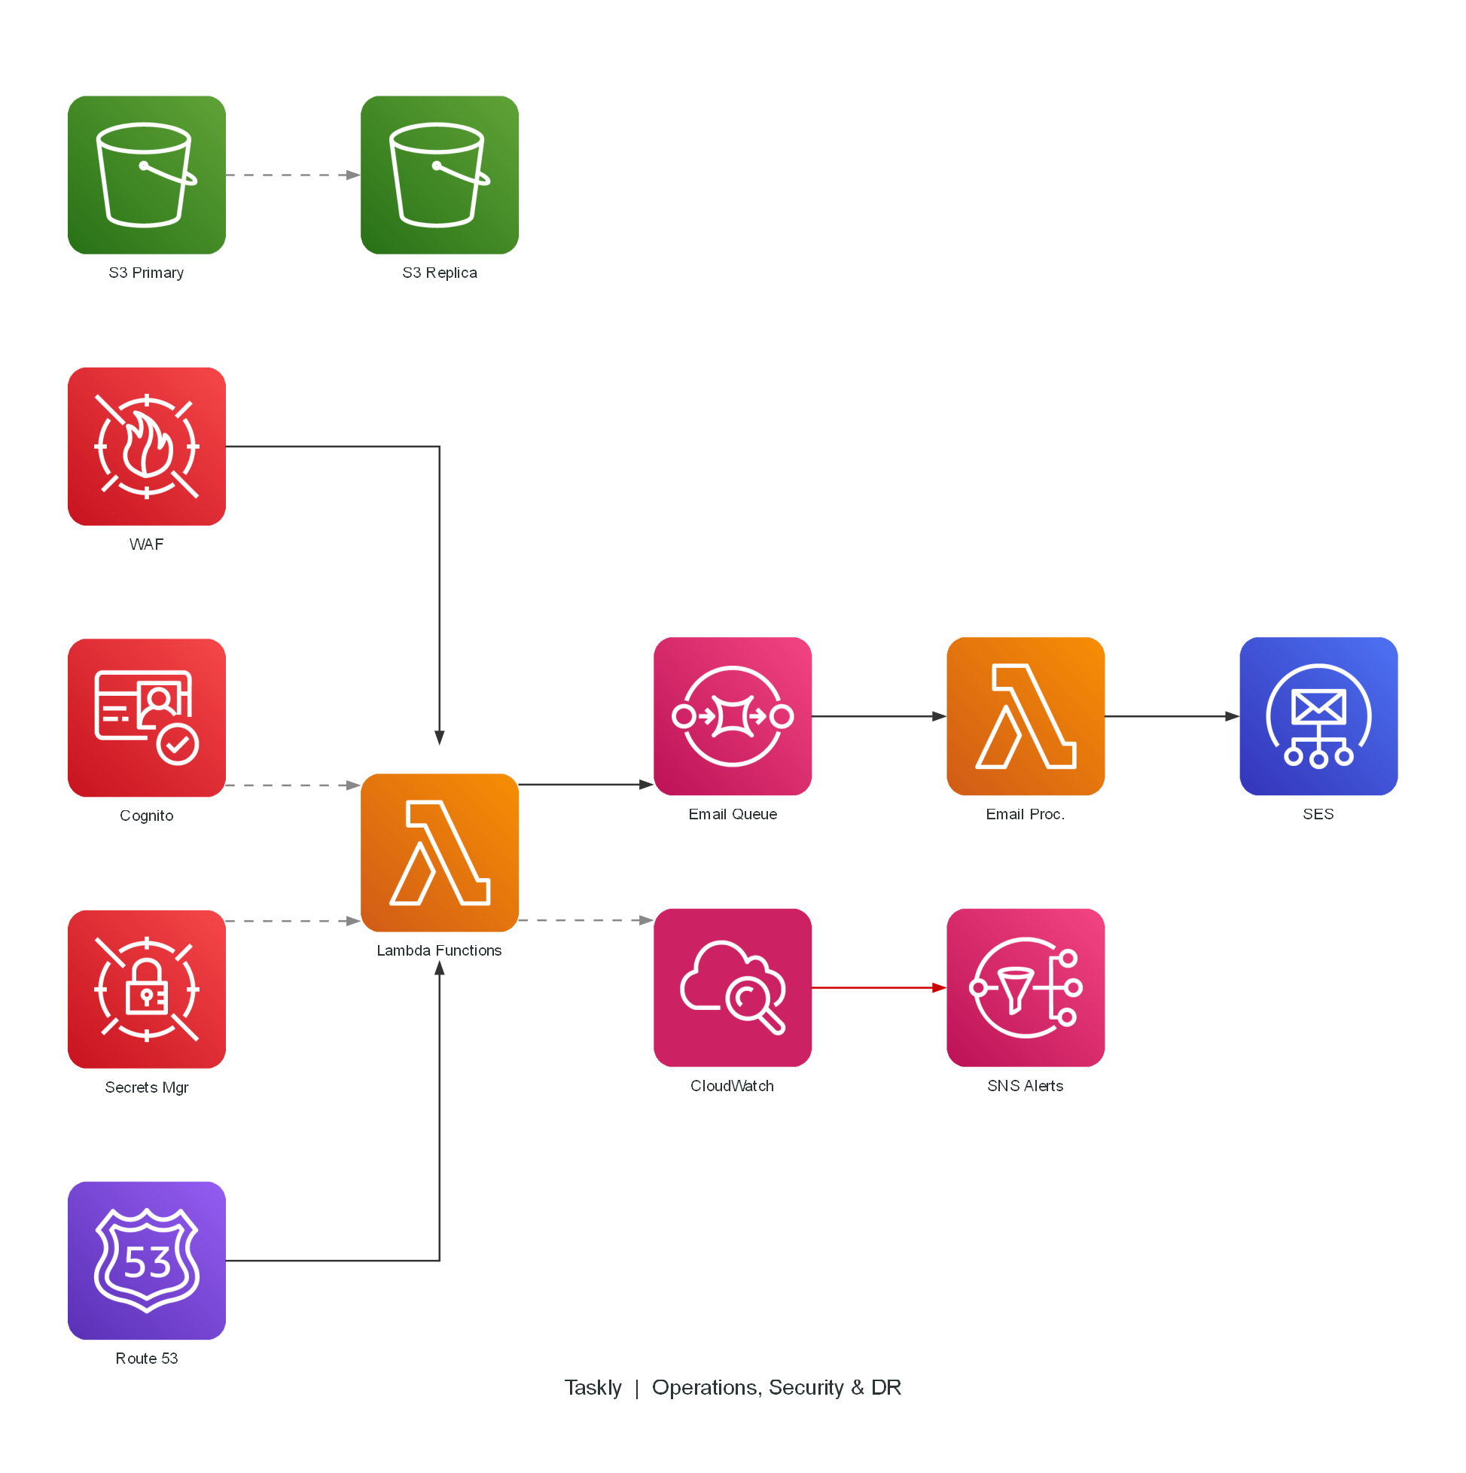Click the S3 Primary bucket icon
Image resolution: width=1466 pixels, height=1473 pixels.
pyautogui.click(x=146, y=175)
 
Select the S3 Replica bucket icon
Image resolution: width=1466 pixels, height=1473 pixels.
pyautogui.click(x=439, y=175)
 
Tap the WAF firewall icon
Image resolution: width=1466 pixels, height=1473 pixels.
pyautogui.click(x=146, y=446)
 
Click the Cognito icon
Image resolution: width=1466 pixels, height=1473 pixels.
pyautogui.click(x=146, y=718)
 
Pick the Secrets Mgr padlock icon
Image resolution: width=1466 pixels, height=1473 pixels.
pyautogui.click(x=146, y=989)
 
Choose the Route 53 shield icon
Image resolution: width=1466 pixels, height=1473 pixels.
pyautogui.click(x=146, y=1261)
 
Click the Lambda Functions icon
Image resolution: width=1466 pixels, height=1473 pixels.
pyautogui.click(x=439, y=852)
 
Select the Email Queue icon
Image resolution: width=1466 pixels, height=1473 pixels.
pyautogui.click(x=733, y=716)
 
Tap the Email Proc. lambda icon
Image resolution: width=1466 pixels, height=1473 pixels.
pyautogui.click(x=1026, y=716)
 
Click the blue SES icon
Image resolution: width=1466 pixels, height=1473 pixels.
pyautogui.click(x=1318, y=716)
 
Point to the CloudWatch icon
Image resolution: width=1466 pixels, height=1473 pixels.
pyautogui.click(x=733, y=987)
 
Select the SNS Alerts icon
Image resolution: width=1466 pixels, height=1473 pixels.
pyautogui.click(x=1026, y=987)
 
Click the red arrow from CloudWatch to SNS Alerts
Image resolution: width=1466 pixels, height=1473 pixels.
pyautogui.click(x=879, y=987)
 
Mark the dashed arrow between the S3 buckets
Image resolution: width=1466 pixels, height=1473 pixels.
pyautogui.click(x=293, y=175)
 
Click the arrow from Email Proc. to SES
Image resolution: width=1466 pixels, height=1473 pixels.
pyautogui.click(x=1172, y=716)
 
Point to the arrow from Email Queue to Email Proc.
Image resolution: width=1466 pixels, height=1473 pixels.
pyautogui.click(x=879, y=716)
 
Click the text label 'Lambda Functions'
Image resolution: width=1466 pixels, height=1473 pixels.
pyautogui.click(x=439, y=950)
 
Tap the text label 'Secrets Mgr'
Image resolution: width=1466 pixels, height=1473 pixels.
pyautogui.click(x=146, y=1087)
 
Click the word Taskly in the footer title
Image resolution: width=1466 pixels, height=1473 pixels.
pyautogui.click(x=593, y=1388)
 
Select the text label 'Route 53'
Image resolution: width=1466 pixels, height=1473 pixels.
pyautogui.click(x=146, y=1358)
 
